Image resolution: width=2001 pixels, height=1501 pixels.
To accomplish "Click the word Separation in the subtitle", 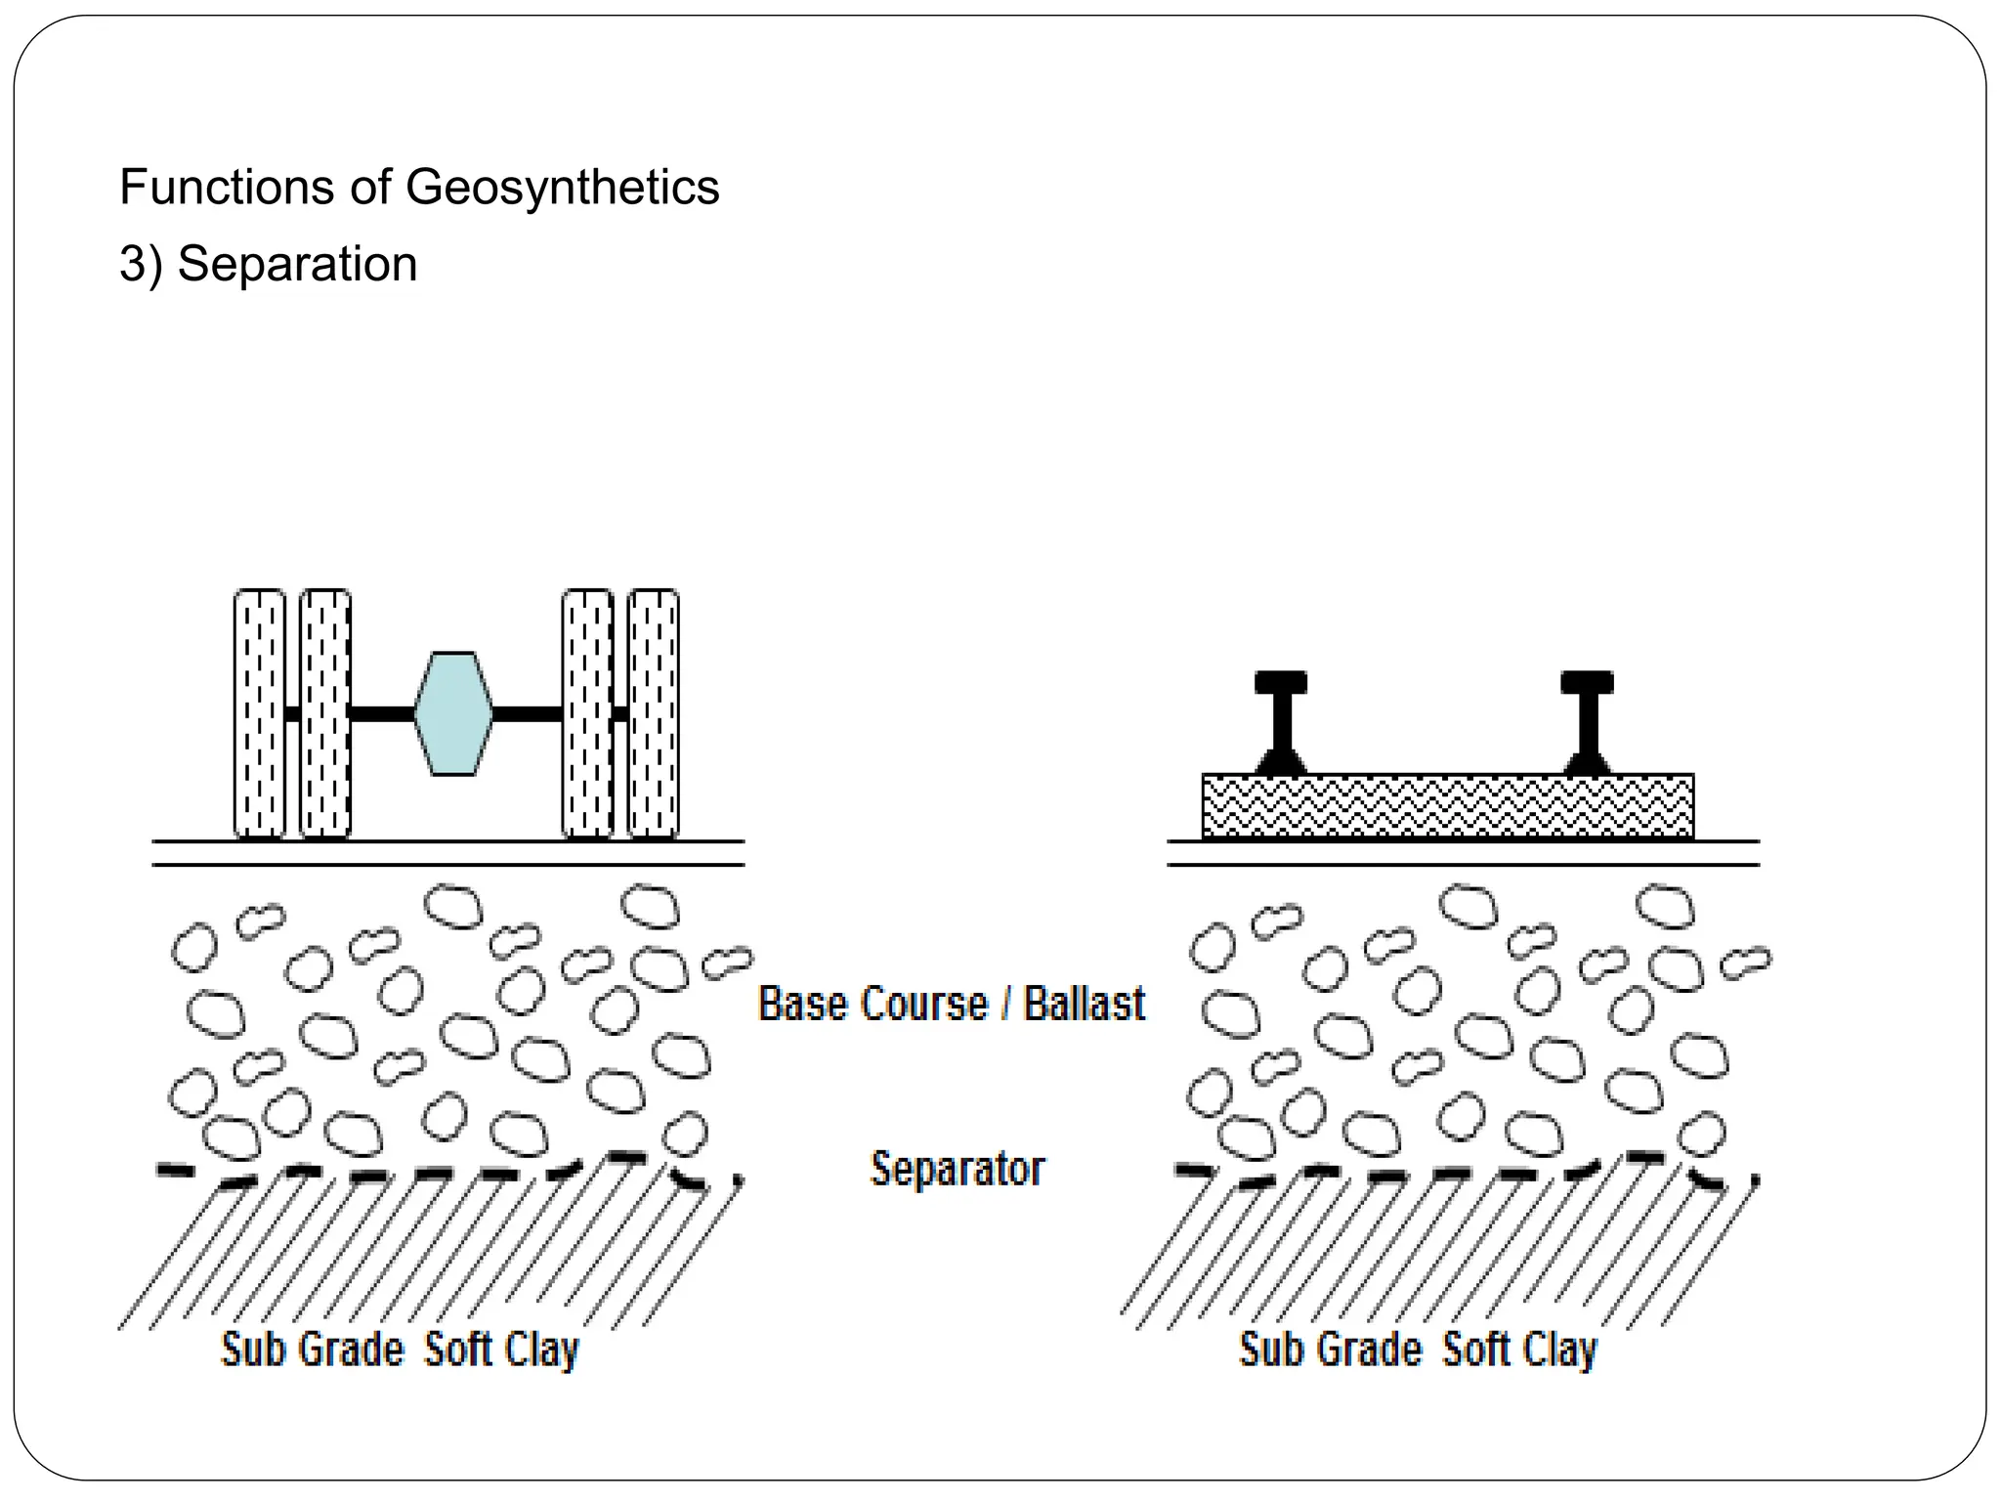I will tap(297, 264).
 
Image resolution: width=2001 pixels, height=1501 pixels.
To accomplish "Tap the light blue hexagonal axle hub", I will tap(453, 713).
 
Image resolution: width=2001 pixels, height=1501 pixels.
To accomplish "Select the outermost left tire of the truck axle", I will tap(260, 713).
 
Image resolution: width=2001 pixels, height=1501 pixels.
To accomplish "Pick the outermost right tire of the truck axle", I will tap(654, 713).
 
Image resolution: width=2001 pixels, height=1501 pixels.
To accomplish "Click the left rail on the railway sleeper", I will tap(1281, 723).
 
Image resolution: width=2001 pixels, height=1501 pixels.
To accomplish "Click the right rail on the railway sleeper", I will tap(1587, 723).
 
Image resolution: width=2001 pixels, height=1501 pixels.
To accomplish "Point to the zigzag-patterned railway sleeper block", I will tap(1447, 806).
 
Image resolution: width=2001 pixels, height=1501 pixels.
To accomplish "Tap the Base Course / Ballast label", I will tap(951, 1005).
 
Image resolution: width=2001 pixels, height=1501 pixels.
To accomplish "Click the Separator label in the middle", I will tap(958, 1169).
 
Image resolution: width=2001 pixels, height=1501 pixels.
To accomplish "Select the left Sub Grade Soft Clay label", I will tap(400, 1351).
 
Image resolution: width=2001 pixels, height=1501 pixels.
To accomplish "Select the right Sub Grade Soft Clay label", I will tap(1418, 1351).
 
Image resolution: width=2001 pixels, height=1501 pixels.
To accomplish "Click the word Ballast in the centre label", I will tap(1084, 1005).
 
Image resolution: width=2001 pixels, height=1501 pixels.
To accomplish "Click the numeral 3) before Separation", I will tap(141, 265).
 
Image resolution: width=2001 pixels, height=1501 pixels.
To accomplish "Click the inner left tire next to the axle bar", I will tap(325, 713).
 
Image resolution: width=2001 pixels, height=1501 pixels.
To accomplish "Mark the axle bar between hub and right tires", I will tap(527, 714).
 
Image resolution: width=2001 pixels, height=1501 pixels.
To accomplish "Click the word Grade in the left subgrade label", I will tap(351, 1350).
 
